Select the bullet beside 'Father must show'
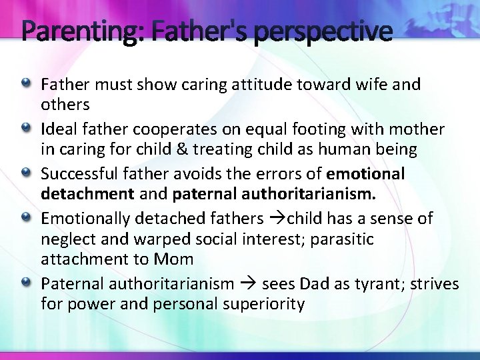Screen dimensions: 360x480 [x=26, y=84]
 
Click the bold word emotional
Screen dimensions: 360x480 [x=366, y=173]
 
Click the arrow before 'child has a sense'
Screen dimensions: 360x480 [x=277, y=218]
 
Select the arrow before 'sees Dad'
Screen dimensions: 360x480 [x=248, y=283]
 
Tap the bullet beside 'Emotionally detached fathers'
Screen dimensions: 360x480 [x=26, y=217]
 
